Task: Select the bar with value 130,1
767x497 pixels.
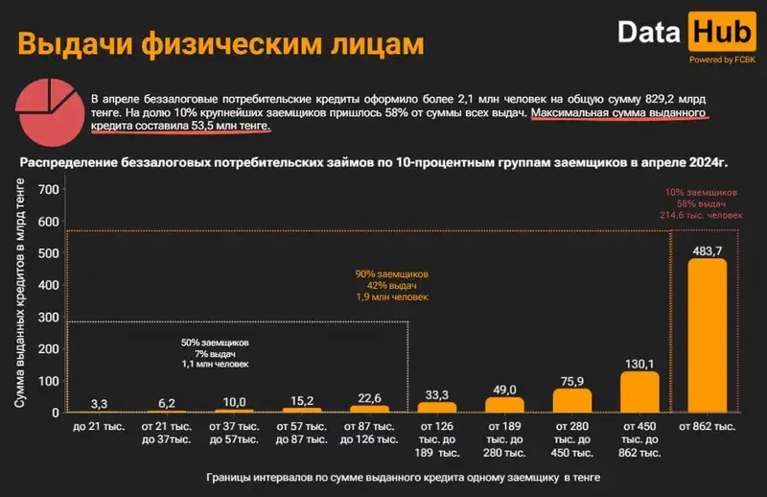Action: (639, 391)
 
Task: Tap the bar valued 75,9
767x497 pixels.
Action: (572, 400)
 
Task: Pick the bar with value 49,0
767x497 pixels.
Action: (504, 404)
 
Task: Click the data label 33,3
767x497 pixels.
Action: (436, 393)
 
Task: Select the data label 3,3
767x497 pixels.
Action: (100, 404)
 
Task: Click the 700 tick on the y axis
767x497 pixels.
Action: (46, 189)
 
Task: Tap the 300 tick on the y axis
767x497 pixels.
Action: (46, 318)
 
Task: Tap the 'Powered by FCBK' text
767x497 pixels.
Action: (722, 59)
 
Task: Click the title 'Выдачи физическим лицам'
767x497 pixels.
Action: (221, 45)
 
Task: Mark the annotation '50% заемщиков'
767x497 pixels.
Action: (215, 343)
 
